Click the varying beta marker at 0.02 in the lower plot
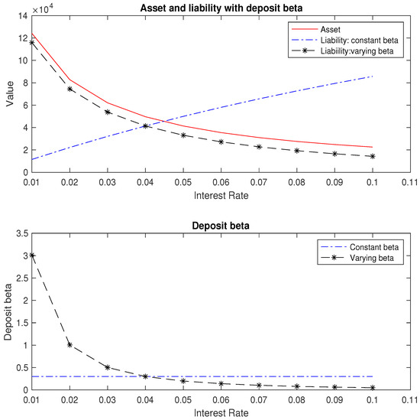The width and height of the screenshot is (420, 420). pyautogui.click(x=70, y=345)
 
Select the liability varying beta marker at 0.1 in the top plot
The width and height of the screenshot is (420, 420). pyautogui.click(x=373, y=156)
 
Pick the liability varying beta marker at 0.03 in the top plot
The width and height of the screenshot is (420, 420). pyautogui.click(x=107, y=112)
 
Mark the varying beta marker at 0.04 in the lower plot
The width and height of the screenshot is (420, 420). pyautogui.click(x=145, y=376)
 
